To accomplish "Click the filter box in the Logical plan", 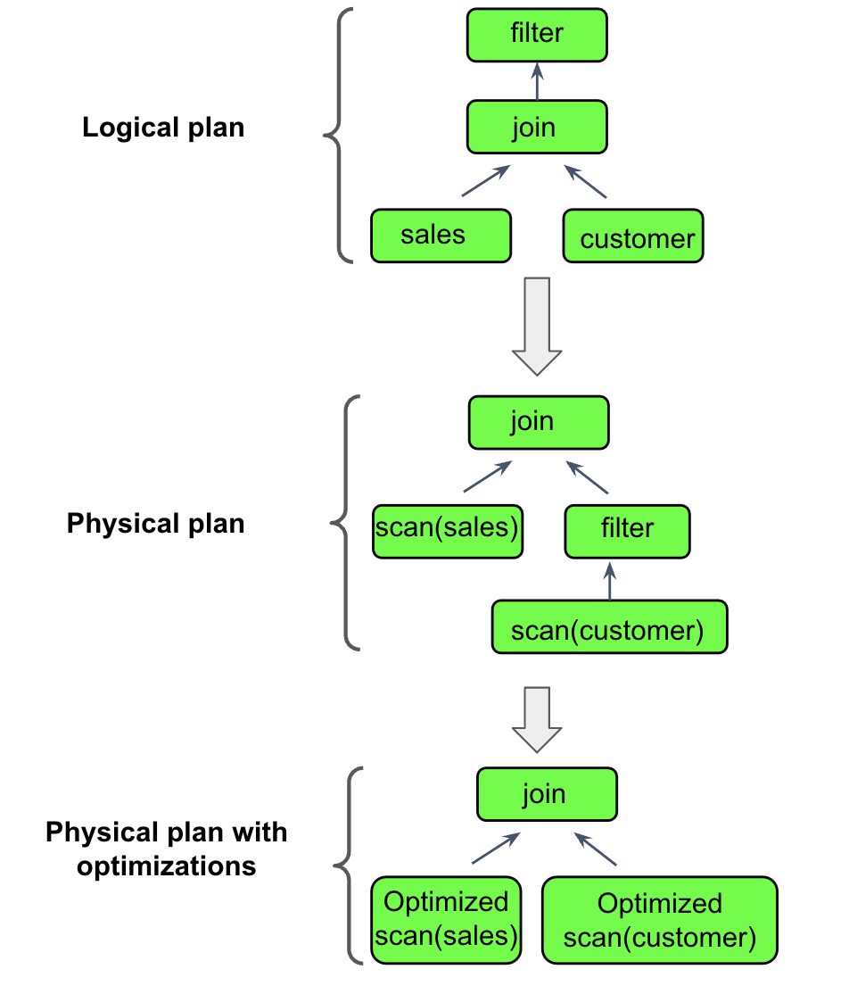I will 537,35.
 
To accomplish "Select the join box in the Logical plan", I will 537,127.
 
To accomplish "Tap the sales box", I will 441,236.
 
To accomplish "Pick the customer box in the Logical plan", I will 633,236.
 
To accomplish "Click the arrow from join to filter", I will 537,81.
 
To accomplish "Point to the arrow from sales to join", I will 485,181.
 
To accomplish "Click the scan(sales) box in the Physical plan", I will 447,532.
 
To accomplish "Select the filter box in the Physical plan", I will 627,530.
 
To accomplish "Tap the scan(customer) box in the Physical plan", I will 609,627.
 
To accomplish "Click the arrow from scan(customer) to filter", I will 609,580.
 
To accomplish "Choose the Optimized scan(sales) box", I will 446,920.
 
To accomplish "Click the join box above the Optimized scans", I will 546,795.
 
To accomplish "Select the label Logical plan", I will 163,128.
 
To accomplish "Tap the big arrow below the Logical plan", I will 537,326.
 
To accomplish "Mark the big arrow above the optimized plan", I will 537,719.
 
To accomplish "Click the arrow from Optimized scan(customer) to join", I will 595,849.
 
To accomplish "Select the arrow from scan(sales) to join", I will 488,476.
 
